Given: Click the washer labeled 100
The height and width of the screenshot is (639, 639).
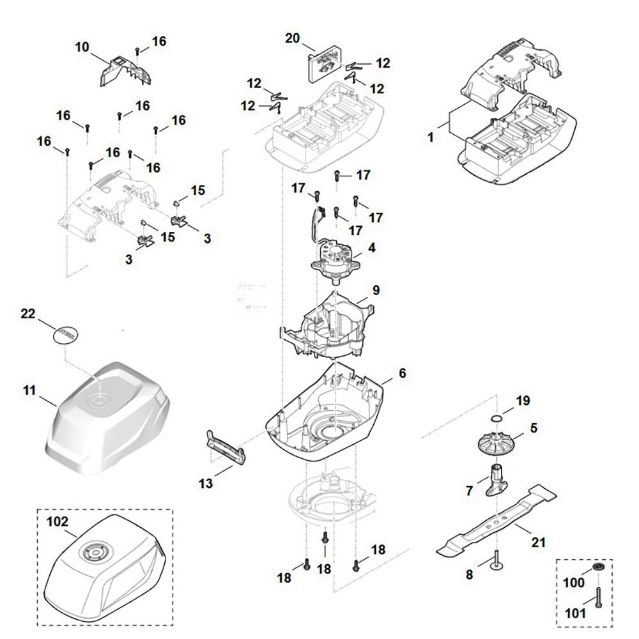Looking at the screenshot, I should click(598, 567).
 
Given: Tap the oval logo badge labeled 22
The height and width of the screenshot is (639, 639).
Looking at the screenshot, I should click(66, 334).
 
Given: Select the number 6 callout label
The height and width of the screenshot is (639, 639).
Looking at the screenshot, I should click(402, 373).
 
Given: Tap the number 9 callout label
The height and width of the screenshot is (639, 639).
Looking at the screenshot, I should click(376, 290).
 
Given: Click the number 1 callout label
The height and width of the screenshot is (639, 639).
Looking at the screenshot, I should click(431, 137).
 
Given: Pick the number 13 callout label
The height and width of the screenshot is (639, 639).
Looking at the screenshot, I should click(206, 484).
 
